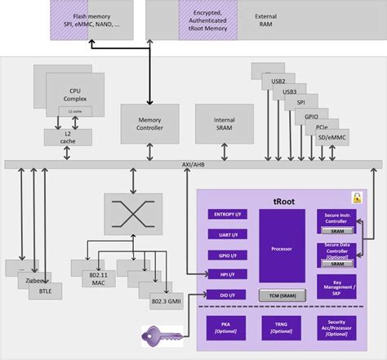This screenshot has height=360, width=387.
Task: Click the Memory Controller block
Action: pos(149,122)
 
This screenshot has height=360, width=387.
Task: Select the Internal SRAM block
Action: pos(214,122)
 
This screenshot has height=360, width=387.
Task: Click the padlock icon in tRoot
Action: pos(356,197)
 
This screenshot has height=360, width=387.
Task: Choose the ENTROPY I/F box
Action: pos(230,215)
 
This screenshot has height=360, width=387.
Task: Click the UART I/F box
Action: pos(230,234)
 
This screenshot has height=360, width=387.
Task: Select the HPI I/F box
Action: pos(230,274)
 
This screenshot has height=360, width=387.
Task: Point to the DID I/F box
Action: pos(230,294)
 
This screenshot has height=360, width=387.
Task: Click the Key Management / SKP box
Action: pos(336,286)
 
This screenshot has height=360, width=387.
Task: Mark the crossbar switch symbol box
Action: pos(131,214)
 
